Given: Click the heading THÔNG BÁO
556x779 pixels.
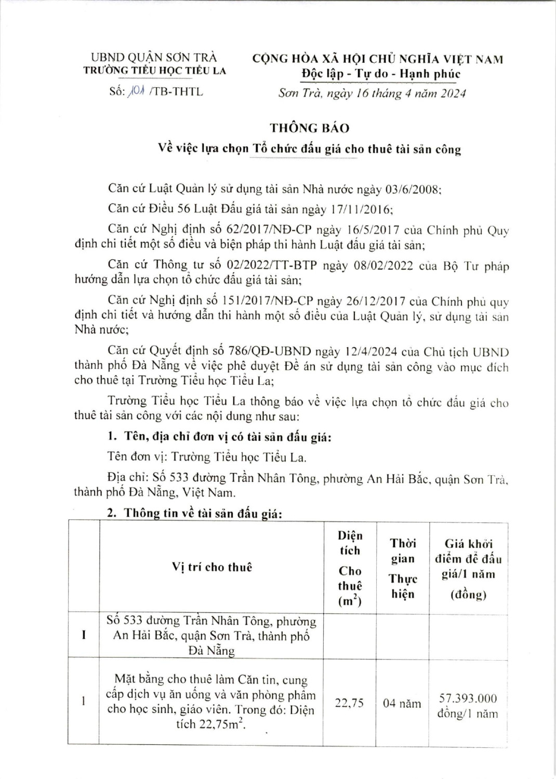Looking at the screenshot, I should pyautogui.click(x=309, y=128).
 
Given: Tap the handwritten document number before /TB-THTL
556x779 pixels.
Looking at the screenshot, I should pyautogui.click(x=136, y=92).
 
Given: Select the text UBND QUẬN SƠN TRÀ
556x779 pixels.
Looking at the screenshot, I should pyautogui.click(x=154, y=58).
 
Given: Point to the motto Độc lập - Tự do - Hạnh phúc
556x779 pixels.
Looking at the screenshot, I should pyautogui.click(x=381, y=74).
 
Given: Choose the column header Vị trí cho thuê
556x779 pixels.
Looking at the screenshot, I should pyautogui.click(x=211, y=567).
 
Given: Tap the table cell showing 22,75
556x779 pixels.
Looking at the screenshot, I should pyautogui.click(x=350, y=703).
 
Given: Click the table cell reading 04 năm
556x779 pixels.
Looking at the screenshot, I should pyautogui.click(x=402, y=704).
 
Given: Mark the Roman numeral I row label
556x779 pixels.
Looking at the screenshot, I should pyautogui.click(x=84, y=635).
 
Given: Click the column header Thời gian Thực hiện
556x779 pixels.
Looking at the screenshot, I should pyautogui.click(x=403, y=569).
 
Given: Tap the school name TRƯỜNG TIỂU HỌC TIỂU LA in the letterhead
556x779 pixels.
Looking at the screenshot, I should pyautogui.click(x=155, y=71).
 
